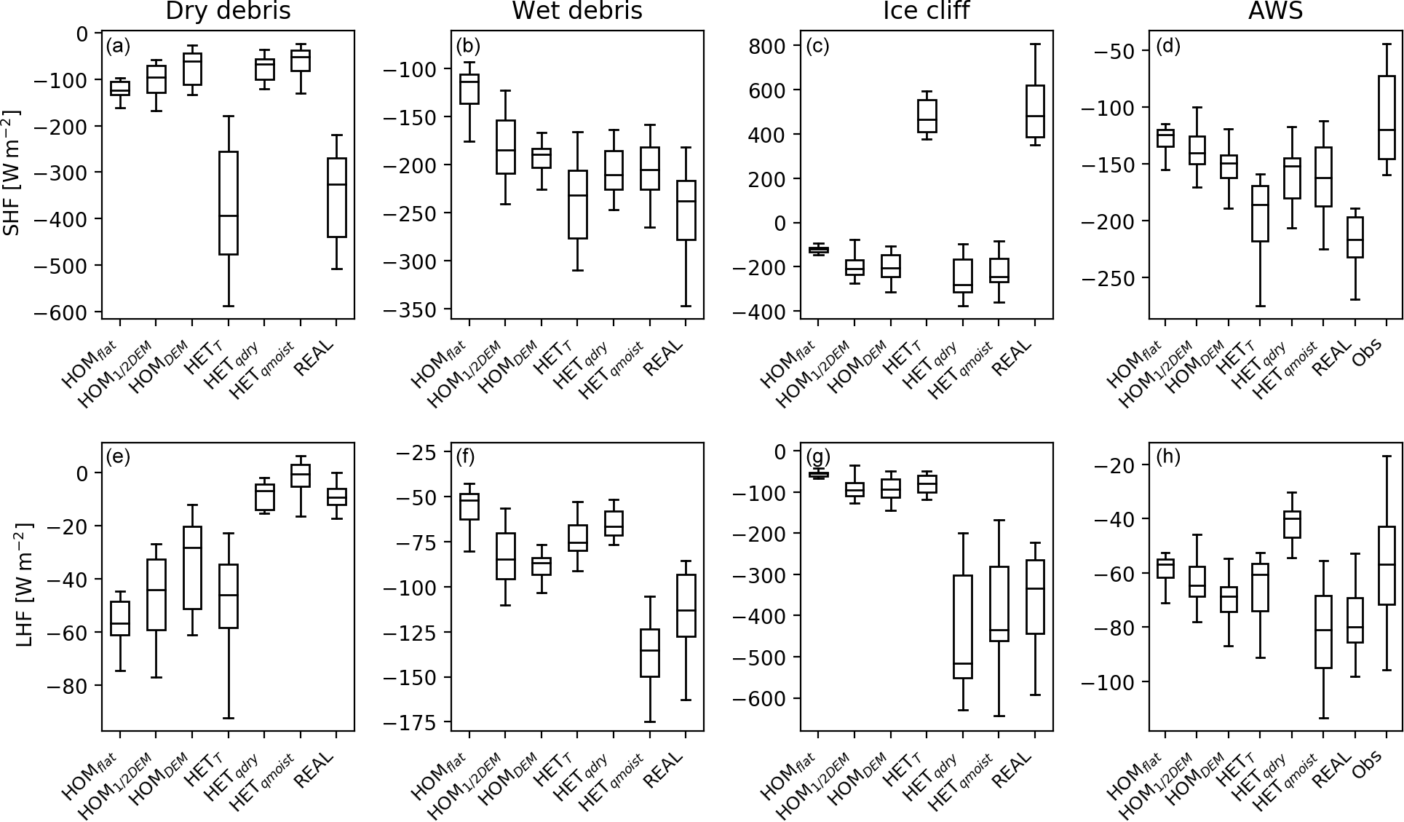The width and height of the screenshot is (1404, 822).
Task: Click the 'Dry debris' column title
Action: click(x=228, y=11)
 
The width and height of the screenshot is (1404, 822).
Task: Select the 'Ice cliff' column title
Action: click(x=927, y=11)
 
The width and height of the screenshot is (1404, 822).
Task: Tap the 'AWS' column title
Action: click(x=1276, y=11)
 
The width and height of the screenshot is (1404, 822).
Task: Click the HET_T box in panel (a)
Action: click(x=229, y=203)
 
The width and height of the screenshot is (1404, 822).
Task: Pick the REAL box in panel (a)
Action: click(x=336, y=197)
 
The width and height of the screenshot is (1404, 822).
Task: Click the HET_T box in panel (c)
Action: click(x=927, y=116)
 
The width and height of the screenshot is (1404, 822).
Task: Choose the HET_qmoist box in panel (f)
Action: click(x=649, y=653)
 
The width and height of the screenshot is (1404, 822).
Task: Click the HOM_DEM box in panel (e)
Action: click(x=192, y=567)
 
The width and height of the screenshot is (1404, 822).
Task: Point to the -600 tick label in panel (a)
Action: click(x=64, y=312)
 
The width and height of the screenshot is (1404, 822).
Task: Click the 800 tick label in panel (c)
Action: click(x=769, y=46)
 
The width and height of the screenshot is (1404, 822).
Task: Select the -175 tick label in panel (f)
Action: click(x=413, y=722)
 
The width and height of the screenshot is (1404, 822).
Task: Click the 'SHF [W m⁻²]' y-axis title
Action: click(x=12, y=173)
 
